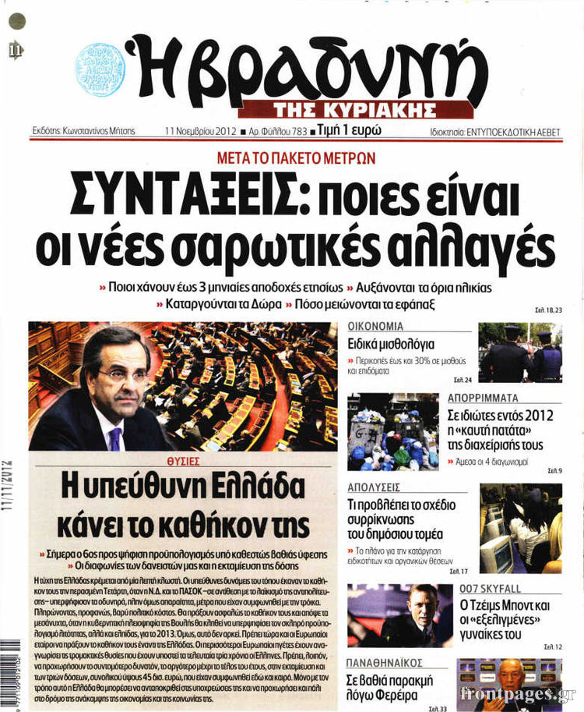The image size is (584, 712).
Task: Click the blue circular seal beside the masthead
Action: click(100, 69)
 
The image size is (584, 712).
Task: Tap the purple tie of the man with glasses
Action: click(114, 437)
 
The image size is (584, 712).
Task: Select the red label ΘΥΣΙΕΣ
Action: click(183, 462)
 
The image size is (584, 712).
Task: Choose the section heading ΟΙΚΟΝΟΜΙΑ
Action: click(375, 326)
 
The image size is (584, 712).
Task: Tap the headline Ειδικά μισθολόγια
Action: click(391, 344)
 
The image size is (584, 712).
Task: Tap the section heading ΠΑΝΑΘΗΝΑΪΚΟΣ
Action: click(385, 663)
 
